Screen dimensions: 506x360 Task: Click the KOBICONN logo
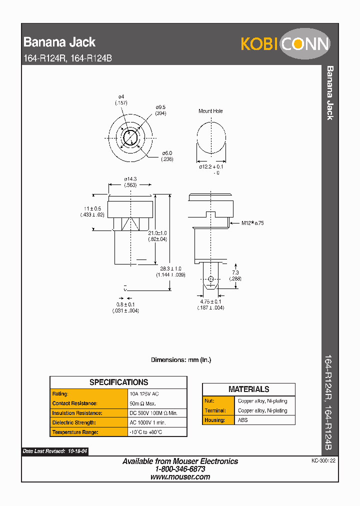pyautogui.click(x=285, y=44)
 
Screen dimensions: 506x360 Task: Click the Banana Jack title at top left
pyautogui.click(x=59, y=42)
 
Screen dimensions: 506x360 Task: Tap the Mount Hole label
pyautogui.click(x=210, y=111)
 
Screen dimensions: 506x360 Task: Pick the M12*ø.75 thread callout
pyautogui.click(x=252, y=223)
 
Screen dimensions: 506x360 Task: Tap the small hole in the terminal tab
pyautogui.click(x=211, y=279)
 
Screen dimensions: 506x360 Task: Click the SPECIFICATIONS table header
pyautogui.click(x=118, y=382)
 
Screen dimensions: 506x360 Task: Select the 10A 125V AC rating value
pyautogui.click(x=144, y=394)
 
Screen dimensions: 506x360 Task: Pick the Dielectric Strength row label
pyautogui.click(x=74, y=422)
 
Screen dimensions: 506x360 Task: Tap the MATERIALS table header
pyautogui.click(x=248, y=389)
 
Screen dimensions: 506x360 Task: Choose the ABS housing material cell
pyautogui.click(x=243, y=420)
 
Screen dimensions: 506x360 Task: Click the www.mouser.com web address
pyautogui.click(x=180, y=477)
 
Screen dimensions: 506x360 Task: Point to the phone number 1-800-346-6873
pyautogui.click(x=180, y=469)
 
